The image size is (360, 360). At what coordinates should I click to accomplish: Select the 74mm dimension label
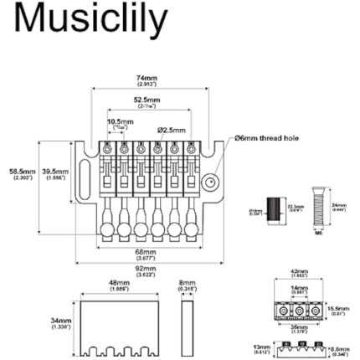point(145,80)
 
